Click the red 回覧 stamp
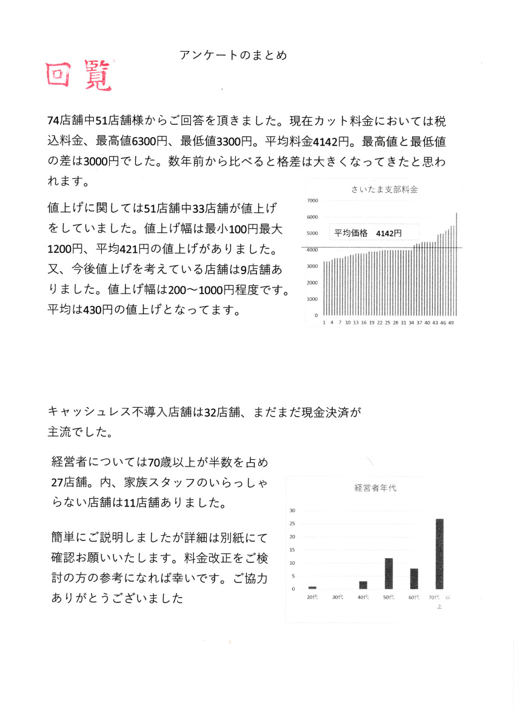(79, 75)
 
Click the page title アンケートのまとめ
(233, 55)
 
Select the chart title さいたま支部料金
(384, 189)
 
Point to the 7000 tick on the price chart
(313, 200)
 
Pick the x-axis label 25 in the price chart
(387, 323)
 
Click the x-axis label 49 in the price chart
(451, 323)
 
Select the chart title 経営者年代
(375, 488)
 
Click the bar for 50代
(389, 573)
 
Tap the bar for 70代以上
(439, 554)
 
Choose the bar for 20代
(312, 587)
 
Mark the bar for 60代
(414, 579)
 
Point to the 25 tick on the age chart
(293, 524)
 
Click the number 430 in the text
(99, 310)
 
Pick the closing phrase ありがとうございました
(118, 598)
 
